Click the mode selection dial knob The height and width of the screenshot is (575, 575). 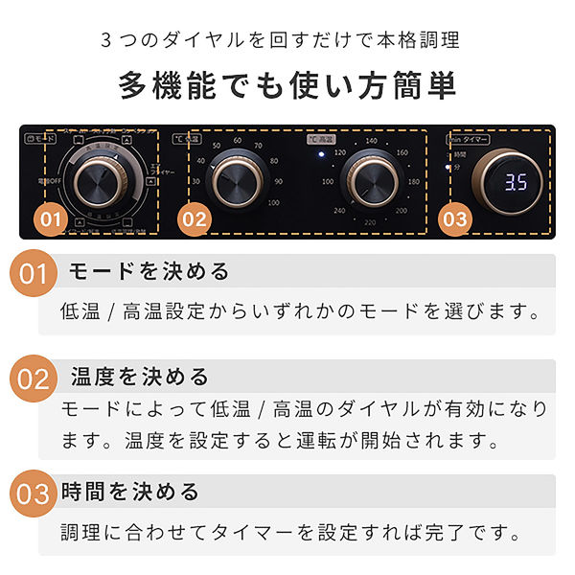(95, 178)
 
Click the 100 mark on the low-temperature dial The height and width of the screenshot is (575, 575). (274, 202)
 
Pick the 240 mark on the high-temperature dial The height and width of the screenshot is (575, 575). (339, 211)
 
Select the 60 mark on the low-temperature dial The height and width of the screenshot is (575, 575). (238, 140)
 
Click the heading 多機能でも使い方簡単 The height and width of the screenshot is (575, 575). (287, 85)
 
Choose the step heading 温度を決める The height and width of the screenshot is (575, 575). (140, 376)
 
